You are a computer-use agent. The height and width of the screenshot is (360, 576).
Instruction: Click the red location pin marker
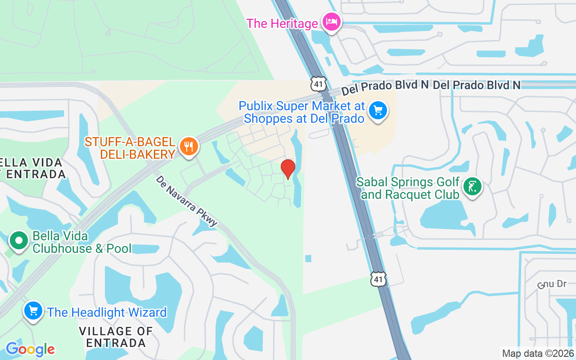pyautogui.click(x=288, y=169)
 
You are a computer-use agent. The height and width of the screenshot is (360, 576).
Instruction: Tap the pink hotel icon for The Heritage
pyautogui.click(x=332, y=21)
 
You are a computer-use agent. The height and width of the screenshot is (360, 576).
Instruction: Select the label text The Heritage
pyautogui.click(x=282, y=23)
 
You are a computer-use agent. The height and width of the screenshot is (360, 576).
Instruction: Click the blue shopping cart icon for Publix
pyautogui.click(x=378, y=110)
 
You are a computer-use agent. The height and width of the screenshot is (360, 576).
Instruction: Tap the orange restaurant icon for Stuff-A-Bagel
pyautogui.click(x=189, y=146)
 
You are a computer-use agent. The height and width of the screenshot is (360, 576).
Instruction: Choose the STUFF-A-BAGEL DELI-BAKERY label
pyautogui.click(x=130, y=148)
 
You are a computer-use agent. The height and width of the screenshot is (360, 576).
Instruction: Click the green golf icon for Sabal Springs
pyautogui.click(x=472, y=186)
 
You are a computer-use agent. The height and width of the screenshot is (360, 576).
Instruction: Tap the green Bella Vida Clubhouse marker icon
pyautogui.click(x=19, y=241)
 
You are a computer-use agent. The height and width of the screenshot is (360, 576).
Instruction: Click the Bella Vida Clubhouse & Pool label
pyautogui.click(x=82, y=242)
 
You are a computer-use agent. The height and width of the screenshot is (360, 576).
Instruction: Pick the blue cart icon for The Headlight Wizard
pyautogui.click(x=33, y=310)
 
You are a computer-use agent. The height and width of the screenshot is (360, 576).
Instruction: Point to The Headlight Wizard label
pyautogui.click(x=107, y=312)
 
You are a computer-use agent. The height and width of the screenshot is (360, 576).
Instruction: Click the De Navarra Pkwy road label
pyautogui.click(x=187, y=201)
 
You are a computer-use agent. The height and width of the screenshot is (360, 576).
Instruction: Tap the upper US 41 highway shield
pyautogui.click(x=318, y=83)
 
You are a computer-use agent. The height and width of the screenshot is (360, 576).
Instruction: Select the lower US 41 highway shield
pyautogui.click(x=378, y=279)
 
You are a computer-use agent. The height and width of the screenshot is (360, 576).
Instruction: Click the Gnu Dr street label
pyautogui.click(x=552, y=285)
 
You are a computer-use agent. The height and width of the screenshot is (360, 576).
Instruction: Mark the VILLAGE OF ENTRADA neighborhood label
pyautogui.click(x=116, y=337)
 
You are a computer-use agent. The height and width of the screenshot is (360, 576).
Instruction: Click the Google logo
pyautogui.click(x=30, y=349)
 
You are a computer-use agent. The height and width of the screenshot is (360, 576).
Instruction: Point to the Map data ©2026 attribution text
pyautogui.click(x=538, y=353)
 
